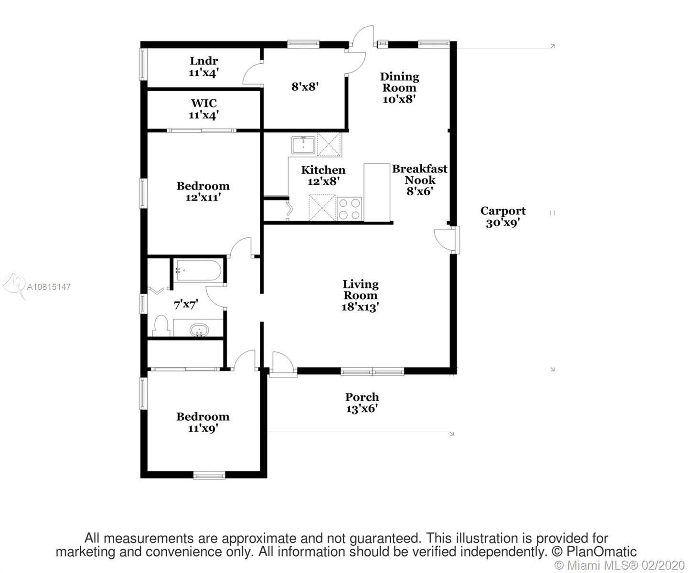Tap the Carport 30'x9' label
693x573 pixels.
click(x=503, y=217)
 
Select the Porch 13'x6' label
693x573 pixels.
click(x=362, y=403)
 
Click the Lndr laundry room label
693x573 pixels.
click(x=204, y=61)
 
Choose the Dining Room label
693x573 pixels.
click(x=399, y=82)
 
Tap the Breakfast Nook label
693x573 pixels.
click(x=419, y=174)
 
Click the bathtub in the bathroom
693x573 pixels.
click(x=198, y=270)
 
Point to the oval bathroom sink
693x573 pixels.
click(x=199, y=330)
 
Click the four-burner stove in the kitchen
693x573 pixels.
click(x=350, y=209)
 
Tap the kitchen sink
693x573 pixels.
click(x=303, y=145)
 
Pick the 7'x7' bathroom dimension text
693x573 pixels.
click(x=186, y=305)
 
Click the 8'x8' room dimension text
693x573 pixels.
click(x=305, y=87)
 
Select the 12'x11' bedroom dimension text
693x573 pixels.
click(x=203, y=198)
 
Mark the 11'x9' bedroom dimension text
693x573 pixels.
click(x=203, y=429)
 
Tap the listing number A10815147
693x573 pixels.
click(x=49, y=287)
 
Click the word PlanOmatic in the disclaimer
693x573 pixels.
click(x=601, y=552)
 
